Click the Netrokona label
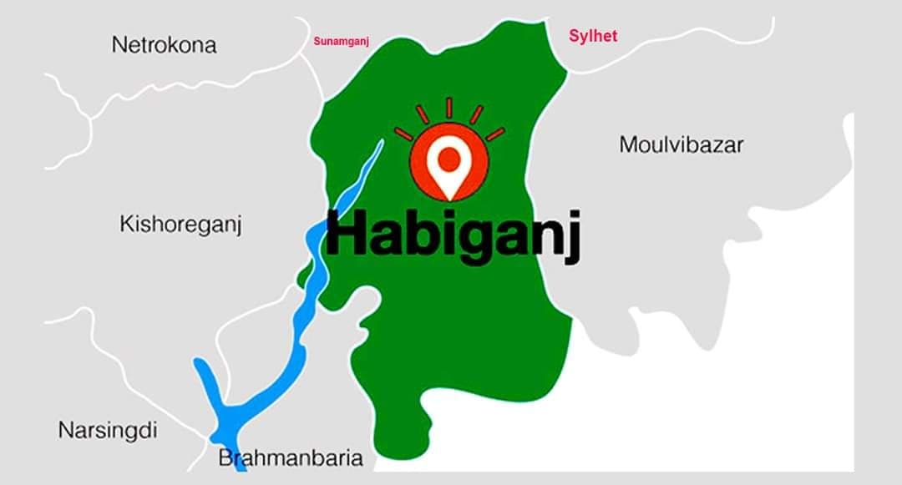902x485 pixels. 164,45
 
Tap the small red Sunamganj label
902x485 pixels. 341,40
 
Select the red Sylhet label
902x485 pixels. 593,36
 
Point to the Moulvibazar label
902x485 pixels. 681,144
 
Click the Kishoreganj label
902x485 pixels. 180,225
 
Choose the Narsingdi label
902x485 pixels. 108,431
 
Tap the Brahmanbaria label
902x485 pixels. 291,458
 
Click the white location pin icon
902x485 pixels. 449,167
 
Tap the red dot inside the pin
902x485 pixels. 449,158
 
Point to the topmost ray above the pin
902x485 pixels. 448,108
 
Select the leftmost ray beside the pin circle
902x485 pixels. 403,134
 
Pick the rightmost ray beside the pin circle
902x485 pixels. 495,134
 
